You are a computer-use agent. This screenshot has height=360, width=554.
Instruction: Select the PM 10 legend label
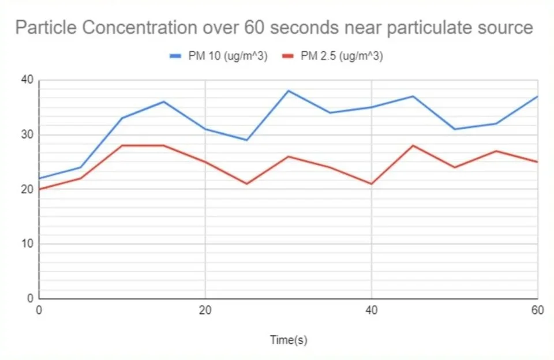tap(227, 56)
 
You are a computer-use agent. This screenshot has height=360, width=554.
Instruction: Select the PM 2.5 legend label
tap(341, 56)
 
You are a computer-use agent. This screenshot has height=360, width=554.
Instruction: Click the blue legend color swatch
tap(175, 56)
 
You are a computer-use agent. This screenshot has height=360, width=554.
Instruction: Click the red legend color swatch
tap(288, 56)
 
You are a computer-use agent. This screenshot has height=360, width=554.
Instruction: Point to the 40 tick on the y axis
tap(27, 80)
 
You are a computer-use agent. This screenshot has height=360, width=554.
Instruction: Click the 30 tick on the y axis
tap(27, 135)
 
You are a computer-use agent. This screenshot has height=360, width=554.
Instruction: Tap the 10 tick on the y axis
tap(27, 244)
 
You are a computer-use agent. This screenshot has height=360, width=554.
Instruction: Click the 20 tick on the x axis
tap(205, 310)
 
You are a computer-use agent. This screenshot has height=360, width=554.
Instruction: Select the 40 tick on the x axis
tap(371, 310)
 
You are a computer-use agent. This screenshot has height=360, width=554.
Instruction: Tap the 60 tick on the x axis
tap(537, 310)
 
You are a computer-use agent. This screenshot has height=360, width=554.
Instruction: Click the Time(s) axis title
tap(289, 340)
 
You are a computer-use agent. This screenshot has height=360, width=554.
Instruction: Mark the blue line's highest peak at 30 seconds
tap(288, 91)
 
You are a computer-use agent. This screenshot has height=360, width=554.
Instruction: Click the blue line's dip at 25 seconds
tap(246, 140)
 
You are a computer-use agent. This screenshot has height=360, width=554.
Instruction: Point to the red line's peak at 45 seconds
tap(413, 145)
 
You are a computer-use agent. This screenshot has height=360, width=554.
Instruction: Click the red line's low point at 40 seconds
tap(371, 183)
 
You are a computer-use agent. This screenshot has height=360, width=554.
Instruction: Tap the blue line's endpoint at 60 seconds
tap(537, 96)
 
